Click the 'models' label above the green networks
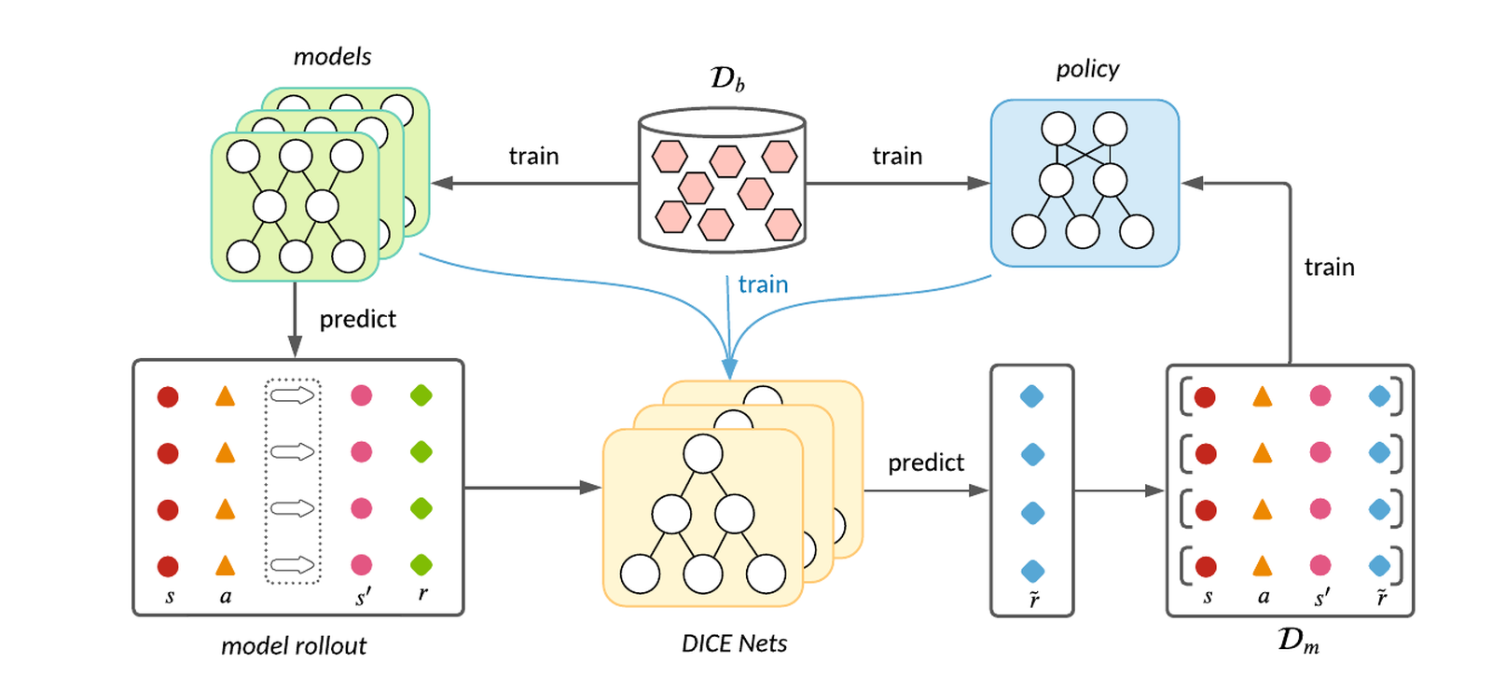332,57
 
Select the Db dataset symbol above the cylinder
726,78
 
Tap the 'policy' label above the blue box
1086,69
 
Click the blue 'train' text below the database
763,284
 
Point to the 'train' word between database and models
533,156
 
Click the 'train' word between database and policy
897,156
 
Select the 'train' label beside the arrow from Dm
1329,268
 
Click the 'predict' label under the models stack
357,320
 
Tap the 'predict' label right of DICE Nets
925,463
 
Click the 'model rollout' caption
294,645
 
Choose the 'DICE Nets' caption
734,643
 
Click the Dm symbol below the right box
1297,641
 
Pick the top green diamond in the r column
421,395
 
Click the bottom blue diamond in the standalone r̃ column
1032,571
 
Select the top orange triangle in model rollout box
225,396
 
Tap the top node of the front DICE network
702,454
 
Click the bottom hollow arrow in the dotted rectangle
293,564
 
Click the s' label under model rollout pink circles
363,597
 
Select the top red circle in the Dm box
1205,397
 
